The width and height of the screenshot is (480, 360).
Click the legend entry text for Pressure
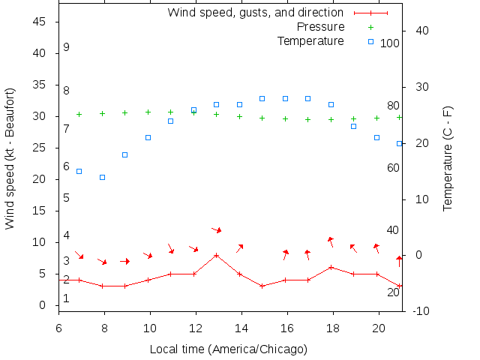320,27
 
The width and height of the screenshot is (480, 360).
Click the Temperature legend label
310,40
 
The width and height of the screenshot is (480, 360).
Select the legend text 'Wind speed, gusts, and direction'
255,13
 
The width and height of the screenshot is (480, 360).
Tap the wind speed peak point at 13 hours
216,255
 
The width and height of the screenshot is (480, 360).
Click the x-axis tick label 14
241,328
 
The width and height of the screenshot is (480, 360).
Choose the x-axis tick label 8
104,328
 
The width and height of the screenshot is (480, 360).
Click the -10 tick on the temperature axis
421,311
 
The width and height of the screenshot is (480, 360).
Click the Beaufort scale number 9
67,47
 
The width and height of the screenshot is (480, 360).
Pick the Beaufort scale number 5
67,198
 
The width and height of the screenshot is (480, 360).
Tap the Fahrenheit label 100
390,43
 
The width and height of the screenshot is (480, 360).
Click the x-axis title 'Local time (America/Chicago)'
228,349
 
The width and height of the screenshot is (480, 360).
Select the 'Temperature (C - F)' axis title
448,157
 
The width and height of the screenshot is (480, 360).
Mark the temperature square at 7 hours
79,172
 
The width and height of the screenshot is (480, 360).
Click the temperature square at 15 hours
262,98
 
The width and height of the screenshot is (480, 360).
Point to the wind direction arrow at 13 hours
216,229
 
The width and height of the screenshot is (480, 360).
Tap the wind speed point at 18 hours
331,267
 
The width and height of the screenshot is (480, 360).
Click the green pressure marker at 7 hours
79,114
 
